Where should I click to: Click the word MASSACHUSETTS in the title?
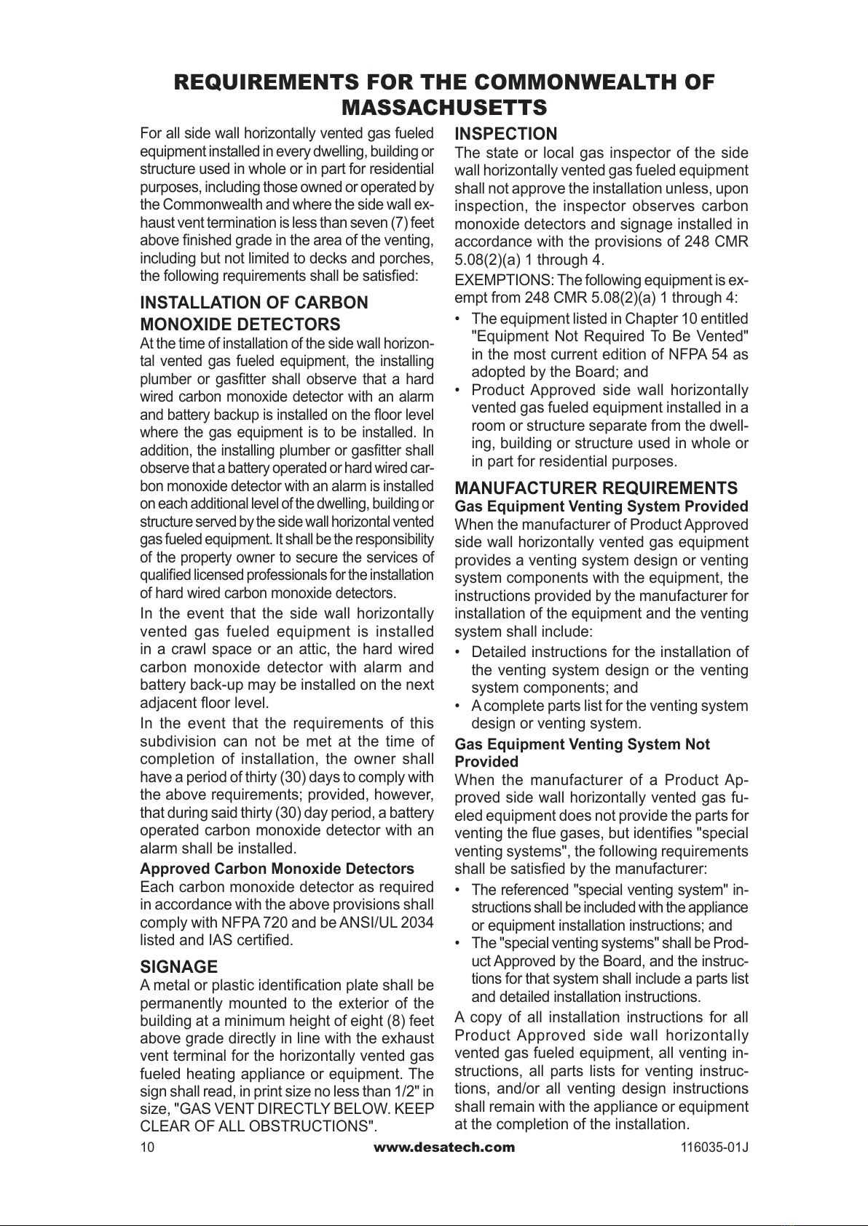[x=444, y=108]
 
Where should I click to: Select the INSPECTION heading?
[x=505, y=134]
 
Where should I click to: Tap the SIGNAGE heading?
[x=178, y=967]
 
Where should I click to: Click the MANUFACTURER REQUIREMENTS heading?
[x=596, y=487]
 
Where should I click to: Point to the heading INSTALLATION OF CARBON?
[x=253, y=303]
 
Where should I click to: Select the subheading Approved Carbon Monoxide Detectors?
[x=277, y=869]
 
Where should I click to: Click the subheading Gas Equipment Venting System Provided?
[x=601, y=506]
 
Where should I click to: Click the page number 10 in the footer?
[x=147, y=1147]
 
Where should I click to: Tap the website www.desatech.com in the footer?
[x=443, y=1147]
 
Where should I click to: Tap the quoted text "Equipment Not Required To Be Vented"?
[x=609, y=336]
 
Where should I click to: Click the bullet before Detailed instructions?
[x=457, y=652]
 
